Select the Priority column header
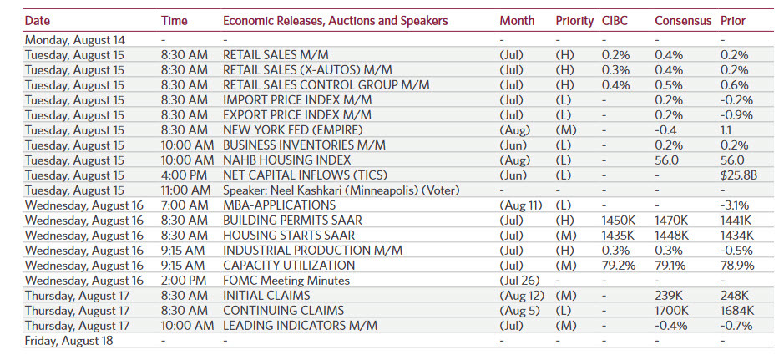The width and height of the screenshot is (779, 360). (574, 20)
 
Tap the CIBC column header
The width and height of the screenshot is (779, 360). (615, 20)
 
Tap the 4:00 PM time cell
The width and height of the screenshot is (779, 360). (184, 175)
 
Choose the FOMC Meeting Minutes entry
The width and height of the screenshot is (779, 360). (286, 280)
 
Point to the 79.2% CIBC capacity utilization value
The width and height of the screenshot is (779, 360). (619, 265)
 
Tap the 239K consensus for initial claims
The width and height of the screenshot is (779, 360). (669, 295)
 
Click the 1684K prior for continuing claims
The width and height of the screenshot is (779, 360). (738, 310)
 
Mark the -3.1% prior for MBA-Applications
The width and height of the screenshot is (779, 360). (735, 205)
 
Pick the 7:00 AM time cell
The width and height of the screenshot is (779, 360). (184, 205)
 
